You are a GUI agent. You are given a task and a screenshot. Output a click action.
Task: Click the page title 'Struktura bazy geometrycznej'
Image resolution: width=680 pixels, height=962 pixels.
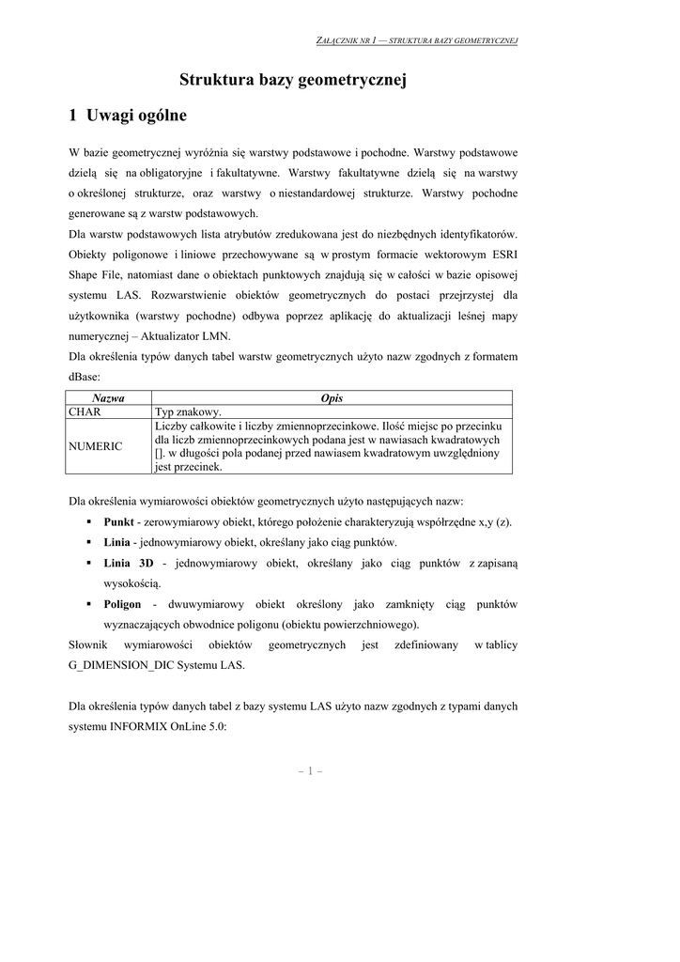[292, 82]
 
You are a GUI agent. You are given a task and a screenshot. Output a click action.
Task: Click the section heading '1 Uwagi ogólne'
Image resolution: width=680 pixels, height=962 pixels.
[128, 116]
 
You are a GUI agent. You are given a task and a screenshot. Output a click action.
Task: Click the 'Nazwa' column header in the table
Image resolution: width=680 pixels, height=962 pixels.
[108, 398]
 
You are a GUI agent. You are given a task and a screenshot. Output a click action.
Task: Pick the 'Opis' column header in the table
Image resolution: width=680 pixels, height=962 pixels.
[332, 398]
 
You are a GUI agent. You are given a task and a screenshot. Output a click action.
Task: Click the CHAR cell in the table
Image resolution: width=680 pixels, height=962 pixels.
[85, 411]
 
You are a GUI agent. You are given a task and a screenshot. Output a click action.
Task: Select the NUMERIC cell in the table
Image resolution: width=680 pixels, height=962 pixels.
[95, 446]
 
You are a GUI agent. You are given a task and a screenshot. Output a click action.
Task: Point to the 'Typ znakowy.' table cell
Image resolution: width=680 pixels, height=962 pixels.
[188, 411]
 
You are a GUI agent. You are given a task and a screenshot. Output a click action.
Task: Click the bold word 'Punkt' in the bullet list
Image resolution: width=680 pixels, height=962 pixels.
[119, 522]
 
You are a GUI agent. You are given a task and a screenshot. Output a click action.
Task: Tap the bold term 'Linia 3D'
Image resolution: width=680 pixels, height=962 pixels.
[129, 563]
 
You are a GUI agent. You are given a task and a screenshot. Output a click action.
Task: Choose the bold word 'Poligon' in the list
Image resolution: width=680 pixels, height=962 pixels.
[122, 604]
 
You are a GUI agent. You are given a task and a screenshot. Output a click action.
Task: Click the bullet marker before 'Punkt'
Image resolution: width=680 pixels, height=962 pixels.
[87, 522]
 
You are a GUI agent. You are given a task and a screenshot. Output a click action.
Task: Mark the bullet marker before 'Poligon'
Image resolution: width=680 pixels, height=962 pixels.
[87, 604]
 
